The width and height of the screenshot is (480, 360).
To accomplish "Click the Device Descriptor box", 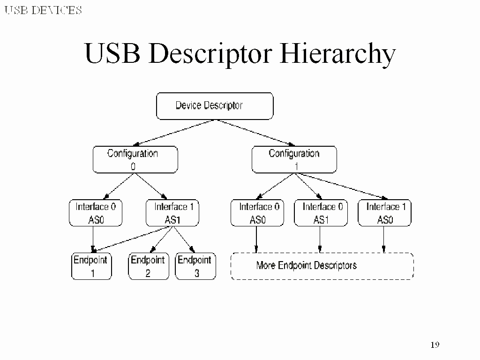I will tap(214, 106).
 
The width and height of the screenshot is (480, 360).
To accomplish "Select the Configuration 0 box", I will tap(135, 159).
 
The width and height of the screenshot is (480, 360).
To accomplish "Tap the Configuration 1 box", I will tap(294, 159).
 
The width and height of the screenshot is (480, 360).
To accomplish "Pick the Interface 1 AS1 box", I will tap(172, 213).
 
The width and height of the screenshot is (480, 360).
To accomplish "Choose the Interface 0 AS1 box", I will tap(321, 213).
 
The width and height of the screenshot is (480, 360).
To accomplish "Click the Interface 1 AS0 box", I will tap(384, 213).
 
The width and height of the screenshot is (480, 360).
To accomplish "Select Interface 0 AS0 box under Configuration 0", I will tap(96, 213).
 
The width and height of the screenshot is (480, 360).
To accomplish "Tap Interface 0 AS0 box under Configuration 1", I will tap(257, 213).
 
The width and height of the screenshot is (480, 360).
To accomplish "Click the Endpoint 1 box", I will tap(91, 266).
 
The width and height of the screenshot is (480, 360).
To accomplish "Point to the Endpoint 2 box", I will tap(148, 266).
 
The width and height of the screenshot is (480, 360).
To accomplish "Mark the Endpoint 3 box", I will tap(195, 266).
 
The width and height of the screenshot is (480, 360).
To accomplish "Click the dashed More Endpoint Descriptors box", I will tap(322, 266).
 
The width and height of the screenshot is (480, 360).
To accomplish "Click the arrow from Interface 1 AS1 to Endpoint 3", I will tap(182, 240).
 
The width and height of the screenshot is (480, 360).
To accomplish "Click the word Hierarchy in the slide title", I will tap(337, 54).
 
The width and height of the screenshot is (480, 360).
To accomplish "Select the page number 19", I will tap(435, 345).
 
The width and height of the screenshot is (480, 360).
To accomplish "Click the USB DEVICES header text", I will tap(43, 10).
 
